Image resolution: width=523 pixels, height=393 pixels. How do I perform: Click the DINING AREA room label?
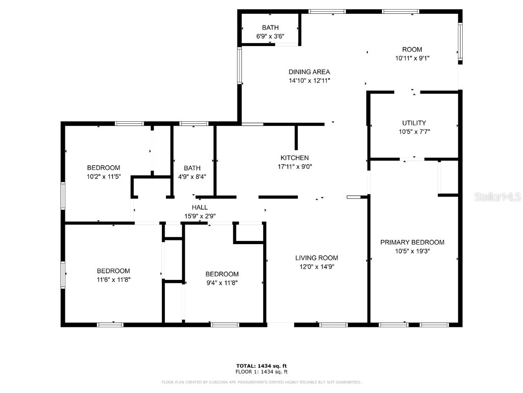tap(309, 72)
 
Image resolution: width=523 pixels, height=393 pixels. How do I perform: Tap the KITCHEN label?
tap(294, 158)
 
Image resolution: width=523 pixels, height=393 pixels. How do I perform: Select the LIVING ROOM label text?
tap(316, 258)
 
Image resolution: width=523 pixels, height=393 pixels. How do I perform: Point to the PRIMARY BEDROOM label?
tap(412, 242)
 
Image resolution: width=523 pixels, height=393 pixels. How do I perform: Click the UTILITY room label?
tap(414, 123)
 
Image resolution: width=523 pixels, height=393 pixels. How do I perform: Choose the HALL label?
tap(200, 207)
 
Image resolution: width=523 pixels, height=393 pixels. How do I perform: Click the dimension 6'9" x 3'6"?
tap(270, 36)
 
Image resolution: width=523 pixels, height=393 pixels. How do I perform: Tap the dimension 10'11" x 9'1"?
tap(412, 58)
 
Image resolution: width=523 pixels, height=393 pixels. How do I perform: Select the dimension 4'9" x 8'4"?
tap(192, 177)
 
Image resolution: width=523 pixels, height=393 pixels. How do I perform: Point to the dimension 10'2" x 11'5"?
tap(104, 177)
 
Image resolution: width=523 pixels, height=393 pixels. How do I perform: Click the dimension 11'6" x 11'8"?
tap(113, 279)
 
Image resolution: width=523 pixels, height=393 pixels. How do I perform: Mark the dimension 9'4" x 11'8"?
tap(222, 282)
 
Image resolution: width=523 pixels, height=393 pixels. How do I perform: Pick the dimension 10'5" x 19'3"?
tap(412, 251)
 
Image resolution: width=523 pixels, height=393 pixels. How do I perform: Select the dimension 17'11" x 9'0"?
tap(294, 166)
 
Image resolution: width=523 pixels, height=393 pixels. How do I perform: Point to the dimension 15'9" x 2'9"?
tap(200, 215)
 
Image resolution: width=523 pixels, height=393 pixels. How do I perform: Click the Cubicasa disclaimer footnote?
tap(261, 382)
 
